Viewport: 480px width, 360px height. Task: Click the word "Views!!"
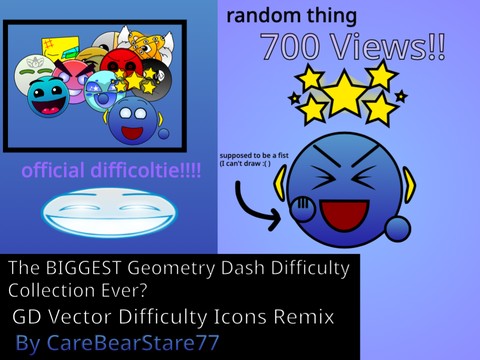click(x=385, y=47)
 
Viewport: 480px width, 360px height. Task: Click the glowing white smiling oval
click(x=109, y=211)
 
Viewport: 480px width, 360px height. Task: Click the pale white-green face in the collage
click(x=28, y=74)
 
